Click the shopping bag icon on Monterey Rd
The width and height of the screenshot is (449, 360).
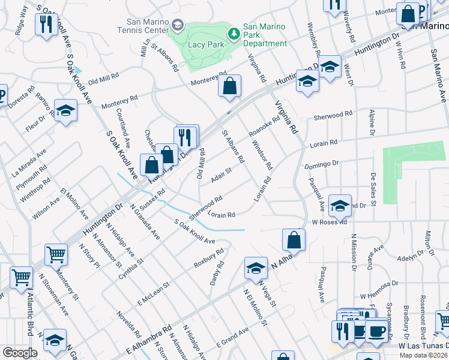coord(229,87)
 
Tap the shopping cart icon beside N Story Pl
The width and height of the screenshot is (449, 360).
coord(56,254)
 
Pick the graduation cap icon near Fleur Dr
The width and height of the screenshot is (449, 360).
coord(65,111)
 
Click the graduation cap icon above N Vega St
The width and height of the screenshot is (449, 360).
coord(256,268)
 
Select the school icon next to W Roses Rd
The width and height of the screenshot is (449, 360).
coord(340,206)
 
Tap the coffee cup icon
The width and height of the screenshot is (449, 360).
coord(376,332)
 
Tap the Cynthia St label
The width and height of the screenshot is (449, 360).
coord(131,268)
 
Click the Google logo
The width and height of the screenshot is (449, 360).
coord(19,353)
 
